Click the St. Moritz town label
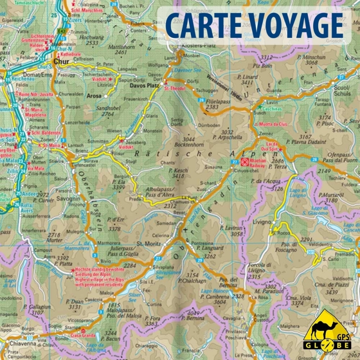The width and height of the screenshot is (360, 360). [146, 245]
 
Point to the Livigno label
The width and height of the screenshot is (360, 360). [261, 222]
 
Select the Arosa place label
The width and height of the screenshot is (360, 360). [94, 96]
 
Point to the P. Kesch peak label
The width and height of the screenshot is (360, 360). [177, 171]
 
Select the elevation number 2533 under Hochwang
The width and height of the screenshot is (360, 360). [92, 43]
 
